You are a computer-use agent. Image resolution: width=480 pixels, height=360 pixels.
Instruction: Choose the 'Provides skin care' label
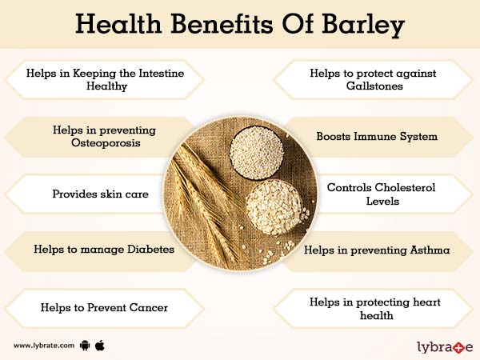click(x=99, y=193)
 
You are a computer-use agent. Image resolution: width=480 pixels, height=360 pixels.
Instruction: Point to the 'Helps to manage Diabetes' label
click(x=104, y=249)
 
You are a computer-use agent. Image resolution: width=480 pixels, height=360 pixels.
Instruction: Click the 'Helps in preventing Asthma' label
click(x=377, y=250)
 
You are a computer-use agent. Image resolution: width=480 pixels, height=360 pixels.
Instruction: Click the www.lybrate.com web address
click(x=45, y=346)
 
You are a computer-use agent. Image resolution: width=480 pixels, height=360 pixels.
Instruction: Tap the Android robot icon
click(x=86, y=345)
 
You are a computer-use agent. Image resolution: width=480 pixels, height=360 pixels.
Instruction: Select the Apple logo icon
click(x=101, y=345)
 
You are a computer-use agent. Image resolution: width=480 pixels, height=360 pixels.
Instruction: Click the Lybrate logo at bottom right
click(x=445, y=345)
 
